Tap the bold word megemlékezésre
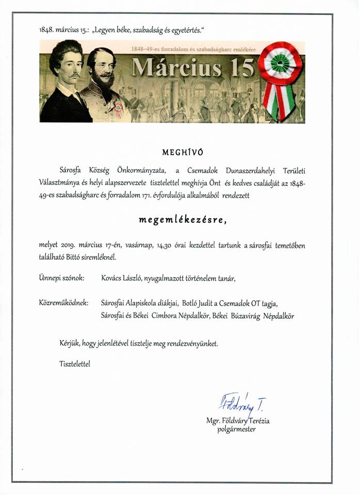pos(182,219)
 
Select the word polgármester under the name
pos(236,429)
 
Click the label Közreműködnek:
pos(63,302)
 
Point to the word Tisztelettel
pos(74,364)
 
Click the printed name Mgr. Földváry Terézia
pos(237,421)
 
